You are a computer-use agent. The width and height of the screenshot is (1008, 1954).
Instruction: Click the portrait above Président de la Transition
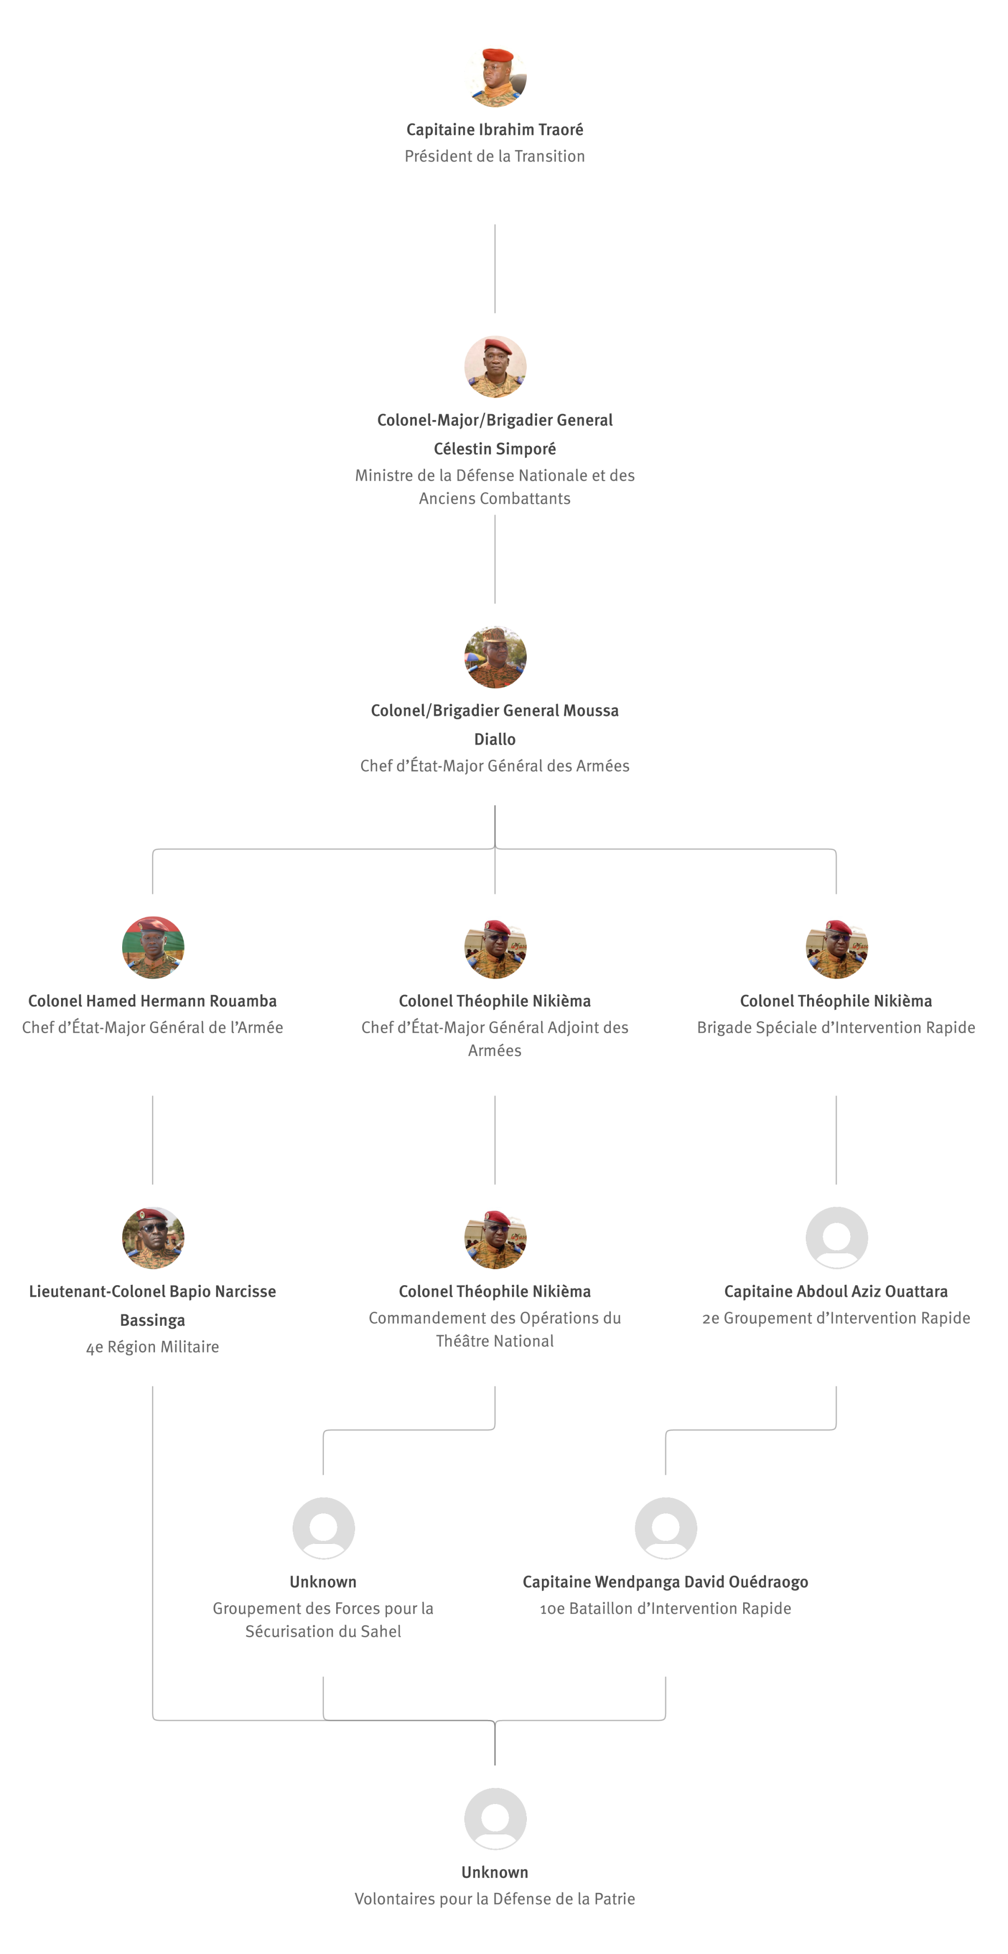coord(495,76)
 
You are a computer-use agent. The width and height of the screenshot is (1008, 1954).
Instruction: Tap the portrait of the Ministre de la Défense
coord(495,366)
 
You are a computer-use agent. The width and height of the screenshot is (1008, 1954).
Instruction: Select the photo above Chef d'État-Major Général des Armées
coord(495,657)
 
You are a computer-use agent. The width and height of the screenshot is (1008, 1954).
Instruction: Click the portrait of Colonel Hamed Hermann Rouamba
coord(153,947)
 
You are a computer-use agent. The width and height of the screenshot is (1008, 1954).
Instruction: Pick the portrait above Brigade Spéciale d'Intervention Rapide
coord(836,947)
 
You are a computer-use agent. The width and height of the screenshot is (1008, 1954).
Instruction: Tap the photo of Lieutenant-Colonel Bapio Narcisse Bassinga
coord(153,1238)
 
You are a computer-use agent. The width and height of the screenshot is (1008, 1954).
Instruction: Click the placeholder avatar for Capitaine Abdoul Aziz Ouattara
coord(836,1238)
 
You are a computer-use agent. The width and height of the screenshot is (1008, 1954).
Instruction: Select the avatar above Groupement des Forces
coord(324,1529)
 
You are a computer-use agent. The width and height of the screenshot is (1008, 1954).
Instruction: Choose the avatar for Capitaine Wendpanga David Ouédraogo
coord(666,1529)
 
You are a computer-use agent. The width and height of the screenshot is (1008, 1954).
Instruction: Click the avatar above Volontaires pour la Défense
coord(495,1819)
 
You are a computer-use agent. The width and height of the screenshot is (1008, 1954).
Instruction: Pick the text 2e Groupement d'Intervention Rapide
coord(836,1318)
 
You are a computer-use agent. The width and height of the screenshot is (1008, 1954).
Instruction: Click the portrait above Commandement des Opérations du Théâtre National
coord(495,1238)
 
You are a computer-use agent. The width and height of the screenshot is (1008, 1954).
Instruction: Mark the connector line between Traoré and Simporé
coord(495,269)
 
